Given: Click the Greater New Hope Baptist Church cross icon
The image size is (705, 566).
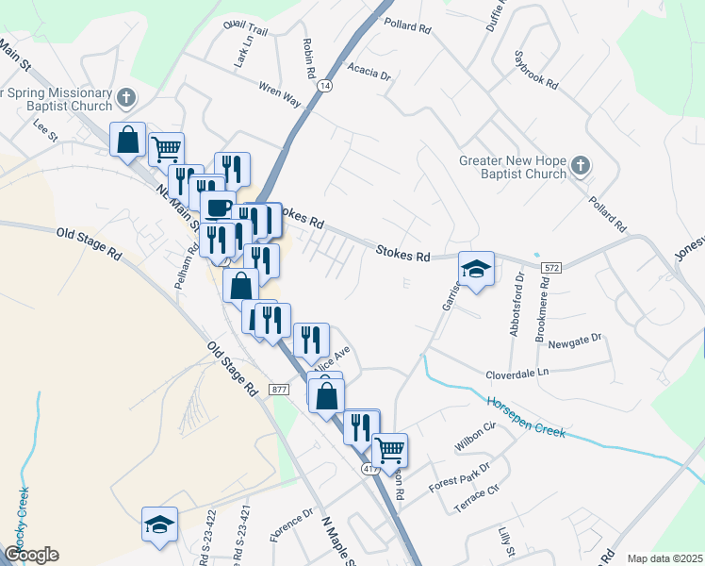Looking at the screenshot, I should (580, 167).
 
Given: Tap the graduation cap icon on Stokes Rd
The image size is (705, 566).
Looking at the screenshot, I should (476, 268).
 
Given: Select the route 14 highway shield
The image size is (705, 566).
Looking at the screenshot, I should (325, 85).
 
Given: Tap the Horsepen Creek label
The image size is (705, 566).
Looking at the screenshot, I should (526, 417).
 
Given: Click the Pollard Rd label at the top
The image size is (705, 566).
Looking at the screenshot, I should (407, 25).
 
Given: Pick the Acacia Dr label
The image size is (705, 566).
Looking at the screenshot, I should (369, 73).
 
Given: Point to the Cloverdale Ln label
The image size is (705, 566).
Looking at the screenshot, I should (516, 374).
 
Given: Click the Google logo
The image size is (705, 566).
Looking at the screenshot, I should (31, 554).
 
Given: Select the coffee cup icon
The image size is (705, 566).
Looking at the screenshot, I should (219, 207).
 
